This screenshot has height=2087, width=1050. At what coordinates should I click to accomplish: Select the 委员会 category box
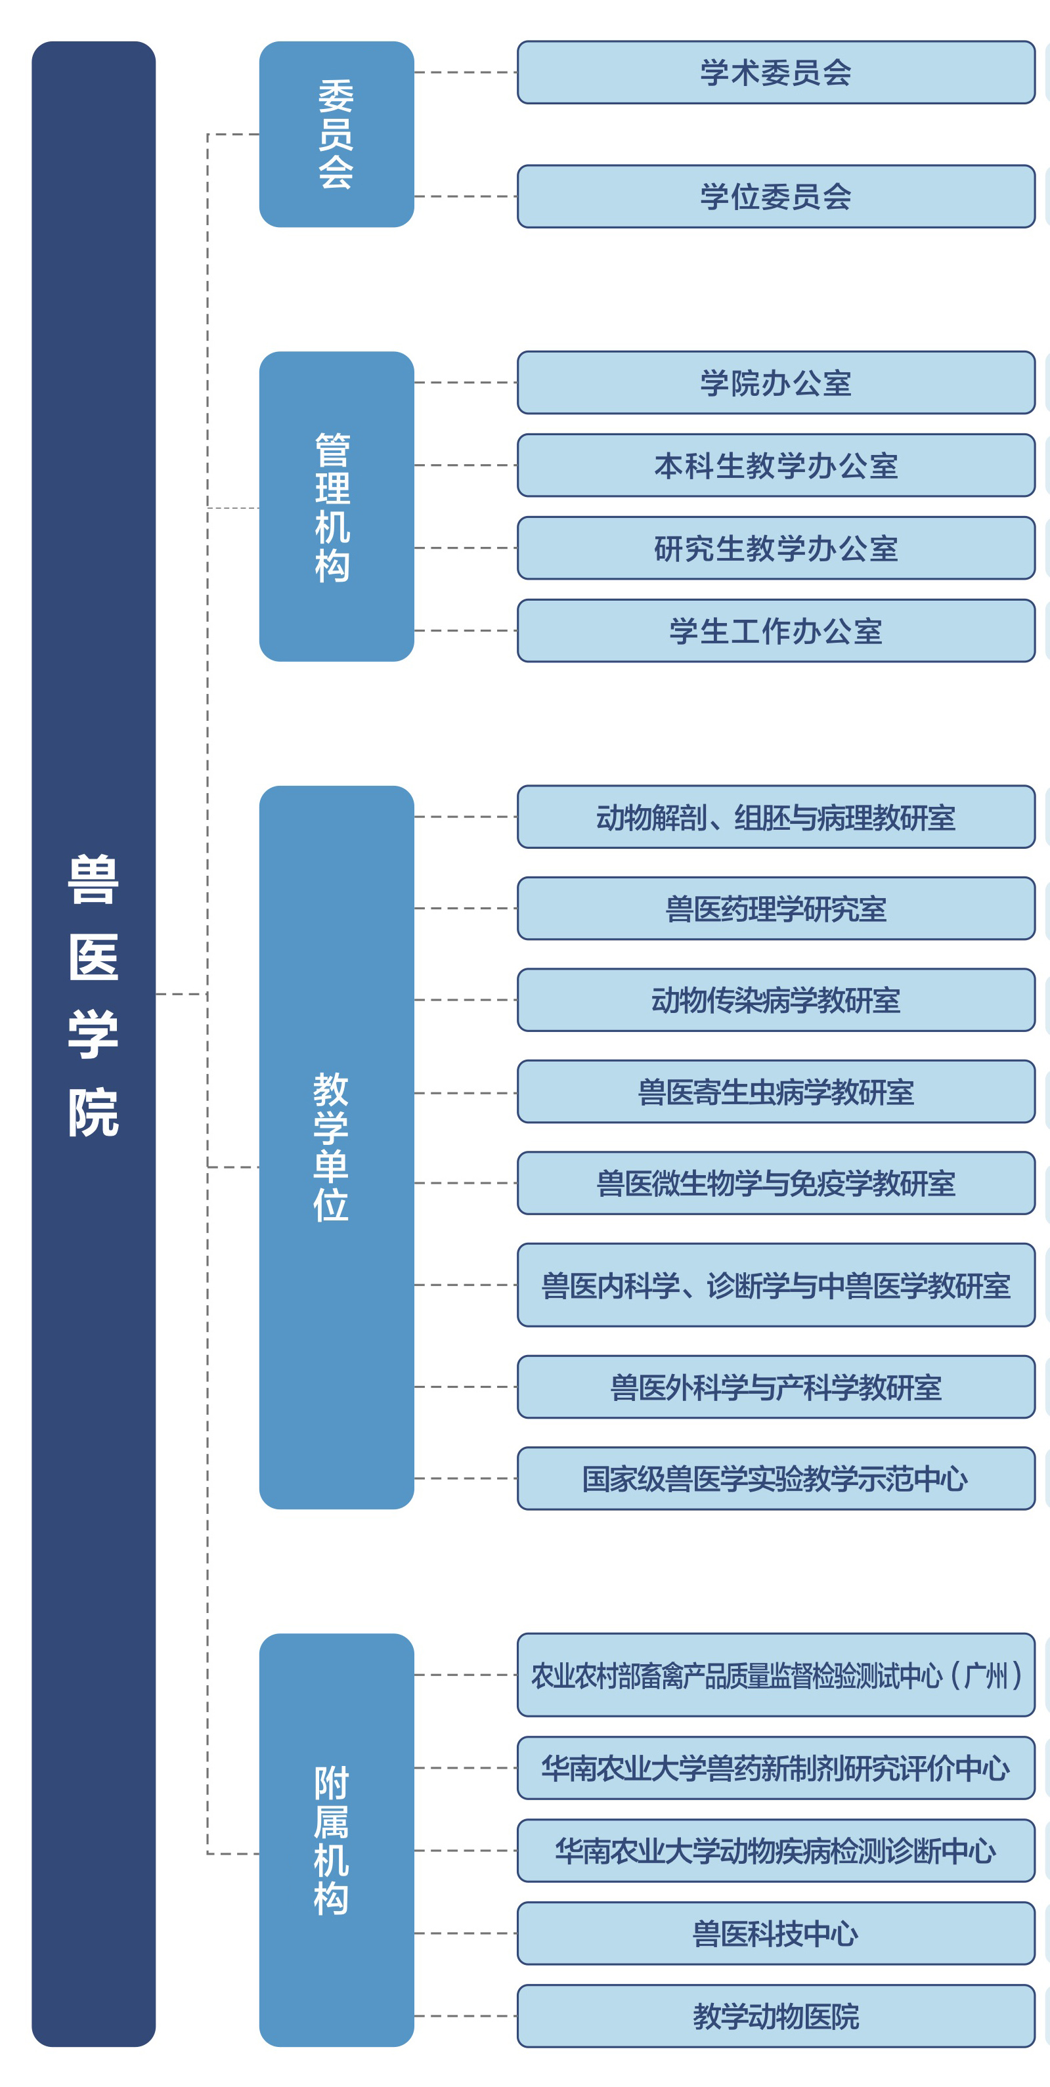[336, 135]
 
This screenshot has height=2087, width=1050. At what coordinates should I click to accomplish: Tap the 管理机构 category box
[336, 506]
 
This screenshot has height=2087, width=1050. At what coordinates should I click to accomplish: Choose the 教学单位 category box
[336, 1147]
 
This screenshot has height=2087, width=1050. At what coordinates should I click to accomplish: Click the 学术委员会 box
[776, 73]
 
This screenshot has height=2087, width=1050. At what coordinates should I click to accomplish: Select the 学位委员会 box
[776, 197]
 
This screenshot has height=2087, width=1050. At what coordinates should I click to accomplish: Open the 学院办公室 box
[776, 382]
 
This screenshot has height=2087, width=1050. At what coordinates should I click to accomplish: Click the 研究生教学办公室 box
[776, 548]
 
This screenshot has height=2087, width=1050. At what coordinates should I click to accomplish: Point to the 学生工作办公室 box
[776, 631]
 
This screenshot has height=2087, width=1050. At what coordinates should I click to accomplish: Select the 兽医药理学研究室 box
[776, 908]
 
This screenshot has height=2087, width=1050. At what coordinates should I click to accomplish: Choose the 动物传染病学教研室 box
[776, 1000]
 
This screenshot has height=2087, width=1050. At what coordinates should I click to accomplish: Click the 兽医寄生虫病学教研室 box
[776, 1091]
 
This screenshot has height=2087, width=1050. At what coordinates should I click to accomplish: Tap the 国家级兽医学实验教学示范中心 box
[776, 1478]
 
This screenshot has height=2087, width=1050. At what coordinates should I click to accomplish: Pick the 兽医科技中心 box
[776, 1933]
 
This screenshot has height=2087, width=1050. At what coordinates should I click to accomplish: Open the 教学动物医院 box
[776, 2015]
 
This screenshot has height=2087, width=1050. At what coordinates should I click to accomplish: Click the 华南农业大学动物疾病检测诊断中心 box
[776, 1851]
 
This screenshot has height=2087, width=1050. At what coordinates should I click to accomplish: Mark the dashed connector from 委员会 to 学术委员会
[466, 73]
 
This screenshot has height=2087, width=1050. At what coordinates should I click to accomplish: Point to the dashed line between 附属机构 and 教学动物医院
[466, 2015]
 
